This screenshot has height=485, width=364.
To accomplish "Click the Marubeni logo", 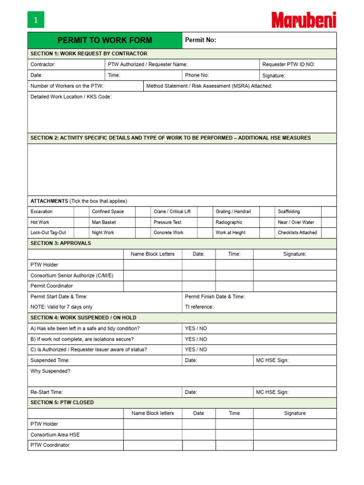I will point(304,20).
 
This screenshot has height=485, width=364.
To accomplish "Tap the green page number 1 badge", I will point(36,20).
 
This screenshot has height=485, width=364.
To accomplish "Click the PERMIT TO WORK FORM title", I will point(105,40).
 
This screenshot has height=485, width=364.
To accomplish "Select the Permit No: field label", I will point(200,40).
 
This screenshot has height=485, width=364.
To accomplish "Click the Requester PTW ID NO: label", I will point(289,64).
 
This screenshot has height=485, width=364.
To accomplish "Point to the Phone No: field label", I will point(197,75).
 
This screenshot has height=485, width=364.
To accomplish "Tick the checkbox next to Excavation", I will point(81,212).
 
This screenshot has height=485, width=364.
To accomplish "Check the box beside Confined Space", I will point(143,212).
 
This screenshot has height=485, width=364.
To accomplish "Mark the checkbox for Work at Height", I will point(267,233).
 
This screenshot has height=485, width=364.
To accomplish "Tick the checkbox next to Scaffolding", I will point(328,212).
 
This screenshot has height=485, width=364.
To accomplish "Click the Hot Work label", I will point(40,222).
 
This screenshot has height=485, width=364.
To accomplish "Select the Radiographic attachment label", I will point(229,222).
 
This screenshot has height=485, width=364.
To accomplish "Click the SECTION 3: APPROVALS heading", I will point(61,243).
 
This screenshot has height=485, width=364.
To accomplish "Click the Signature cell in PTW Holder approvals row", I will point(295,265).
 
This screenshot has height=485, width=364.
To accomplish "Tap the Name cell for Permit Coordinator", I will point(153,286).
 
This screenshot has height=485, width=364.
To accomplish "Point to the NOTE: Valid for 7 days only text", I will point(62,307).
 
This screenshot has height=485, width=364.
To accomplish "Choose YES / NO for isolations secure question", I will point(196,339).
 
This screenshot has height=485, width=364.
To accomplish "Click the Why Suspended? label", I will point(50,371).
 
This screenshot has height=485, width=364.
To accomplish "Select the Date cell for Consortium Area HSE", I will point(199,434).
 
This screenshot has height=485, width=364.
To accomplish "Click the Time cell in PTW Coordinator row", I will point(234,445).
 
